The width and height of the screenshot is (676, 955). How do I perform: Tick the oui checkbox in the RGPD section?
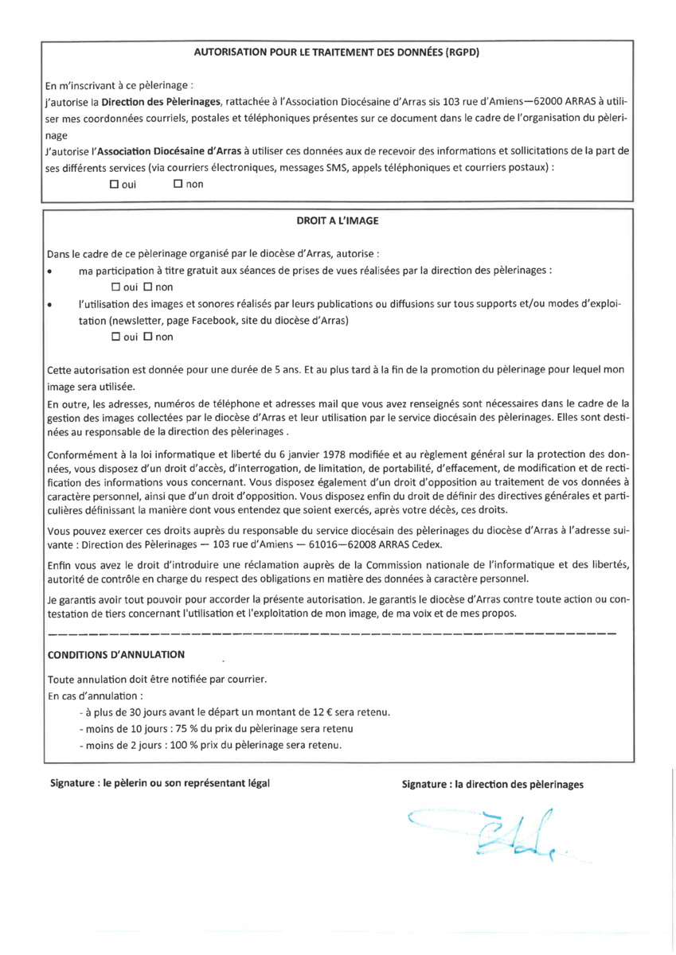pyautogui.click(x=114, y=185)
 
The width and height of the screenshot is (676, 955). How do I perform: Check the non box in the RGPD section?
pyautogui.click(x=177, y=185)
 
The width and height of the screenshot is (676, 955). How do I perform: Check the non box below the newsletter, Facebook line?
pyautogui.click(x=147, y=337)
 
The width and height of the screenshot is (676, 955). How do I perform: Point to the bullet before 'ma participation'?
pyautogui.click(x=51, y=271)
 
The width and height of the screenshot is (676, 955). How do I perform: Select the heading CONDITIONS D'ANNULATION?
pyautogui.click(x=116, y=654)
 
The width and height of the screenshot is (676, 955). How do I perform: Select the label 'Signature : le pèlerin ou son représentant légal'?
pyautogui.click(x=160, y=783)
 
